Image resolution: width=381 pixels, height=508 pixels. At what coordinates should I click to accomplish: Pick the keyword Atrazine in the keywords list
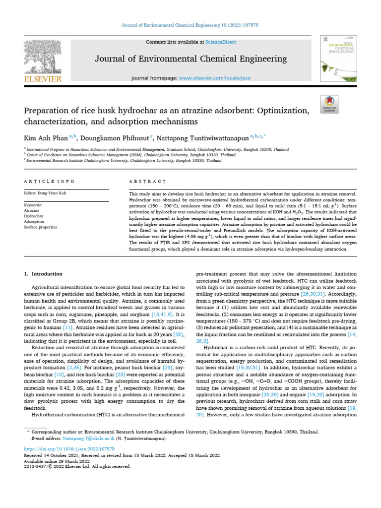(x=31, y=210)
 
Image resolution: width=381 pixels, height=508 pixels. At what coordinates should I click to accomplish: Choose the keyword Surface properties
(x=41, y=227)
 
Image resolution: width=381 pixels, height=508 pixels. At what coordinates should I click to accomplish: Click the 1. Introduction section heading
(x=43, y=274)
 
